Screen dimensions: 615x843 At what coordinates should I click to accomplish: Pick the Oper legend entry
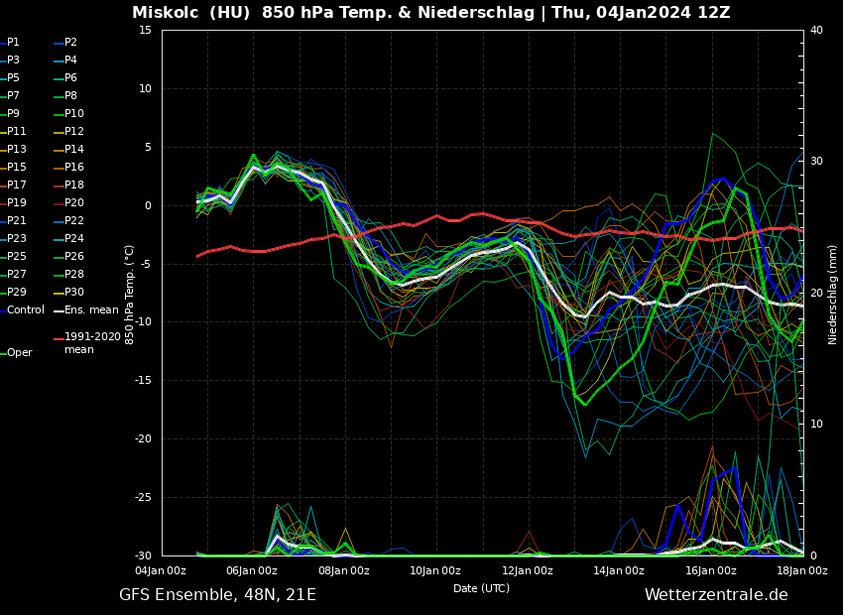pyautogui.click(x=19, y=353)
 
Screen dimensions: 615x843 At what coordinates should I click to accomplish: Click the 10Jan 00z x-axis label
pyautogui.click(x=435, y=570)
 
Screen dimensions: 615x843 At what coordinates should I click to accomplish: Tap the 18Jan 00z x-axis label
pyautogui.click(x=801, y=570)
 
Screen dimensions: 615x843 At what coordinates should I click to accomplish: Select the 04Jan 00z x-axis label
pyautogui.click(x=161, y=570)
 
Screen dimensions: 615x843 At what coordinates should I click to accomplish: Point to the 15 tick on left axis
pyautogui.click(x=145, y=31)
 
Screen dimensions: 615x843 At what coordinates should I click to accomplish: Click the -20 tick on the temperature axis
pyautogui.click(x=142, y=439)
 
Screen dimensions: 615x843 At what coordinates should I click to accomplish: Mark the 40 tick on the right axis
pyautogui.click(x=816, y=31)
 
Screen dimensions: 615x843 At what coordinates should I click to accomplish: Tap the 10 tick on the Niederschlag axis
pyautogui.click(x=816, y=425)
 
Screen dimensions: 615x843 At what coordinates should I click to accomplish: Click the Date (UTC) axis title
pyautogui.click(x=481, y=588)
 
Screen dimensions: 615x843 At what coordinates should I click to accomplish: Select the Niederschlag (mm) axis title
pyautogui.click(x=833, y=294)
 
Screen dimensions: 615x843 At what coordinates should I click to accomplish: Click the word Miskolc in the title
pyautogui.click(x=164, y=13)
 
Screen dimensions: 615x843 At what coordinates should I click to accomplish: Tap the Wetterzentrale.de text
pyautogui.click(x=716, y=595)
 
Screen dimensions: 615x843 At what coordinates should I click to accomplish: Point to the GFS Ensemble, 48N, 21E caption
pyautogui.click(x=217, y=595)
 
